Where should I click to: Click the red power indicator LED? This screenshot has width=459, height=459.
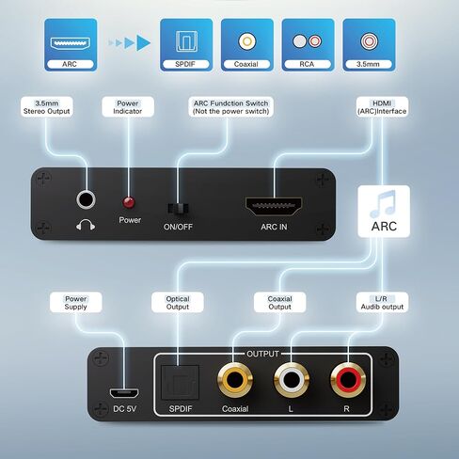tap(129, 202)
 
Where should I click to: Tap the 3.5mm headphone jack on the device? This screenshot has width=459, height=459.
tap(86, 199)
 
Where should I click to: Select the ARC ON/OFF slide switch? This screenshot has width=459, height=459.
tap(178, 209)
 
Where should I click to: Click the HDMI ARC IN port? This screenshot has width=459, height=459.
tap(274, 206)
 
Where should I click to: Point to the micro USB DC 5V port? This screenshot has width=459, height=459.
tap(124, 393)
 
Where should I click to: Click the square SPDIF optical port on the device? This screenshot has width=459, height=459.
tap(180, 383)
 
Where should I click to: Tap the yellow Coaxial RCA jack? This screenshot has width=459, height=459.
tap(235, 380)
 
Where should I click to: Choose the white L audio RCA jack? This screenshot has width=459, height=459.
tap(292, 380)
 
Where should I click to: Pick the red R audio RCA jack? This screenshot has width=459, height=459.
tap(348, 380)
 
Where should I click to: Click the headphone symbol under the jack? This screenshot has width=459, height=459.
tap(86, 225)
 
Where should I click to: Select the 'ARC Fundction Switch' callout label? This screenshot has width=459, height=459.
tap(230, 107)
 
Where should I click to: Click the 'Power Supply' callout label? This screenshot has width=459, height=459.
tap(75, 303)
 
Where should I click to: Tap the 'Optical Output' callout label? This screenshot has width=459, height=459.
tap(178, 303)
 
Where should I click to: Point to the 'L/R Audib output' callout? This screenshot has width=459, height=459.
tap(382, 303)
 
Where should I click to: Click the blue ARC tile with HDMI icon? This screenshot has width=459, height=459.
tap(71, 44)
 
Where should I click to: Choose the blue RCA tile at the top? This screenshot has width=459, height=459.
tap(308, 44)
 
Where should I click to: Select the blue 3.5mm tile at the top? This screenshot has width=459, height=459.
tap(369, 44)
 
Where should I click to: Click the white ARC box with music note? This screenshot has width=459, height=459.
tap(384, 212)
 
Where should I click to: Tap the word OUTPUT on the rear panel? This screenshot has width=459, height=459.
tap(262, 354)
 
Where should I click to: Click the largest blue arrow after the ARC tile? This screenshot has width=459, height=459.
tap(143, 42)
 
